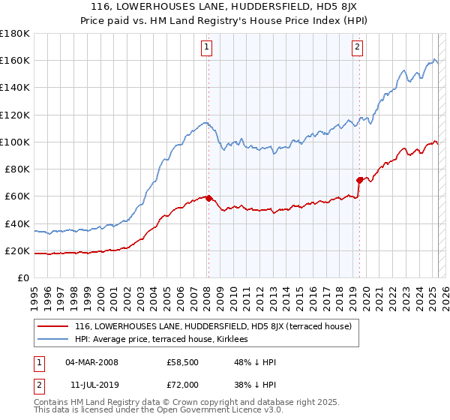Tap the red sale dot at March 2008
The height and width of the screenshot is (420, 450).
(208, 198)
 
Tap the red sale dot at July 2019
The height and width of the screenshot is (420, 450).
(359, 180)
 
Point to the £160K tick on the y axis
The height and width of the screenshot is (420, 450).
(16, 60)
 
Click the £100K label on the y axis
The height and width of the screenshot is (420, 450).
(16, 142)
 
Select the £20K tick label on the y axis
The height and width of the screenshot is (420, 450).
(18, 250)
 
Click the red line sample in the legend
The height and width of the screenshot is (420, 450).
(52, 326)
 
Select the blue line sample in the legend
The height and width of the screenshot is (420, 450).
(52, 339)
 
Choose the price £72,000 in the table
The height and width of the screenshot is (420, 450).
(182, 383)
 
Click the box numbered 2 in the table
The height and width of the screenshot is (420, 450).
(37, 383)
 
